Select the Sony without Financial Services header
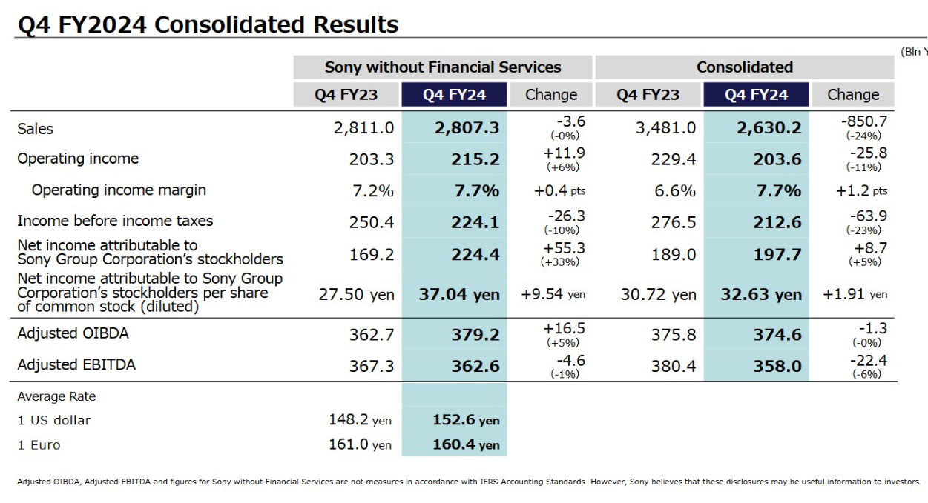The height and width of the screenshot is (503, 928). [x=443, y=67]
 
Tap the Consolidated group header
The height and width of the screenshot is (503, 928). [x=744, y=67]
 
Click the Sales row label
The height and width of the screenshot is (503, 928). [x=36, y=129]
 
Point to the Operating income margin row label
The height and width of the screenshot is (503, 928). [x=119, y=190]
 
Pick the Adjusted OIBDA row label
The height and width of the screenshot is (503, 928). [x=73, y=333]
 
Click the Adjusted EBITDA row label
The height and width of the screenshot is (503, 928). [x=76, y=364]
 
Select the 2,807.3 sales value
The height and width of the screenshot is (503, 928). [x=467, y=128]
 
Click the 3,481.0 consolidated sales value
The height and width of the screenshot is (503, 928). [x=665, y=128]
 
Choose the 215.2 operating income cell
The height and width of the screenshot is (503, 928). [x=475, y=159]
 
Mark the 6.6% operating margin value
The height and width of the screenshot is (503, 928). [x=674, y=191]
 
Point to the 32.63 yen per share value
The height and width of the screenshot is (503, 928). [x=761, y=295]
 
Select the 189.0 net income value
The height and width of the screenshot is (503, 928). [x=675, y=255]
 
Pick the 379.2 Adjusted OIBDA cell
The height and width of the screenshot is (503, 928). [x=475, y=335]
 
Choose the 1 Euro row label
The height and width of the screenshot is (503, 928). [x=39, y=445]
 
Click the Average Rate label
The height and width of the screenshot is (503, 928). [x=56, y=396]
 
